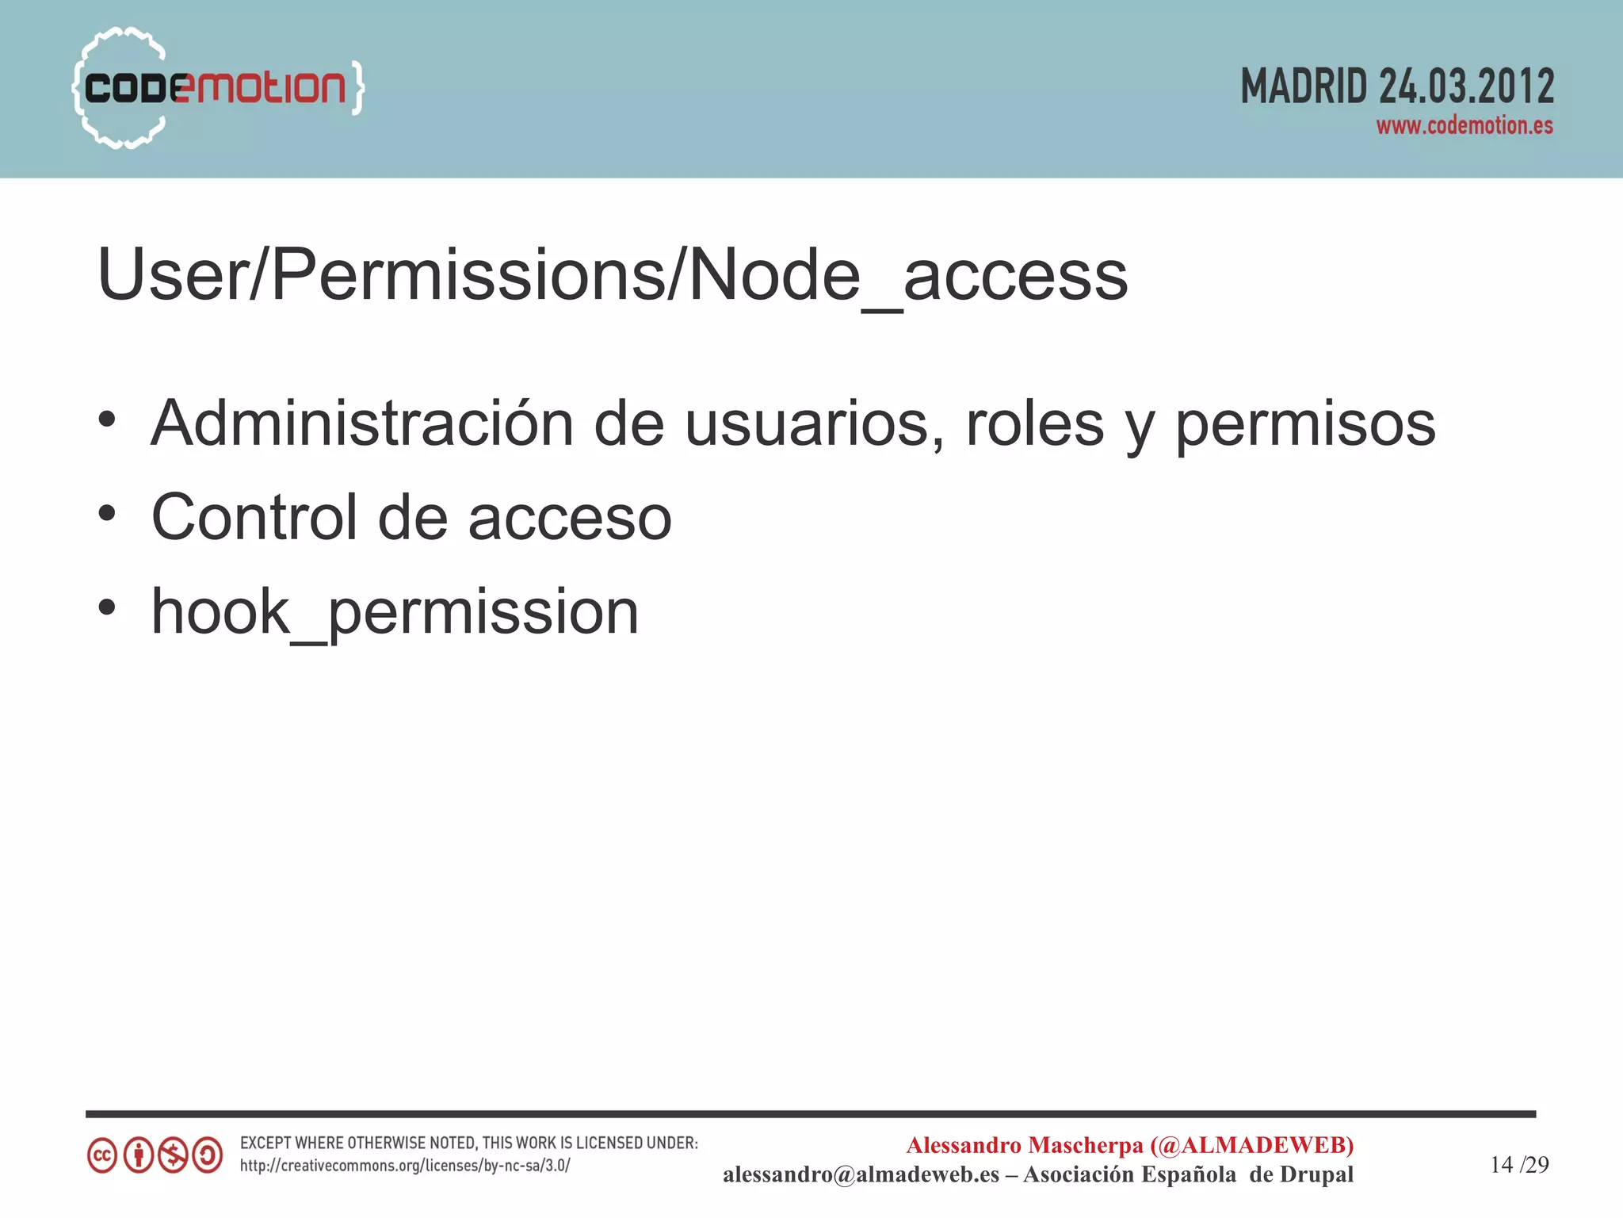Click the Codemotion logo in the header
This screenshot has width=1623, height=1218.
(x=217, y=87)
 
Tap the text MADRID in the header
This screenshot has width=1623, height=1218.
(x=1304, y=86)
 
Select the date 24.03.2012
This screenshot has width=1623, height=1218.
(x=1466, y=86)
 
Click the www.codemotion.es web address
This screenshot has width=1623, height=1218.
(x=1464, y=126)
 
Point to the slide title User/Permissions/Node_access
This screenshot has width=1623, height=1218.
(x=612, y=275)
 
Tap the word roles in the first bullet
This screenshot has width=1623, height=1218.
(x=1034, y=423)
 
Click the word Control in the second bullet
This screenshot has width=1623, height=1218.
(x=254, y=517)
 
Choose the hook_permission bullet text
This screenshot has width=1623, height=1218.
(x=395, y=613)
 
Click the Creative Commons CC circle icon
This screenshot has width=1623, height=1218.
(x=102, y=1155)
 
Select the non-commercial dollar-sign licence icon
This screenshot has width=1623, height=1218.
(x=173, y=1155)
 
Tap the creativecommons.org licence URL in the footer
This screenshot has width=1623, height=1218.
(x=405, y=1166)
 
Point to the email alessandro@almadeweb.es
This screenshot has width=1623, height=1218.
(x=861, y=1174)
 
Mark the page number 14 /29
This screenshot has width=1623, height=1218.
(x=1519, y=1164)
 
